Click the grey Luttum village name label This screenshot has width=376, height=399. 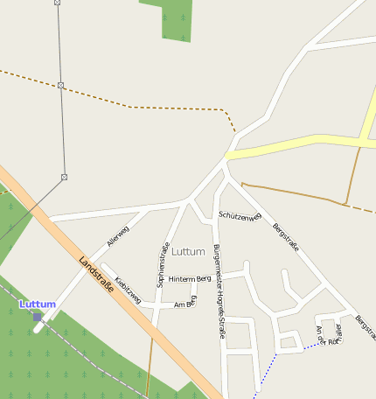click(188, 252)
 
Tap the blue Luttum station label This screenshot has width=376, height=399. click(38, 304)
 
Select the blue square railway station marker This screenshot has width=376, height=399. click(37, 317)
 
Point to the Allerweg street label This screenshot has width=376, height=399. click(117, 235)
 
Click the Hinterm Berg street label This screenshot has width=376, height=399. click(190, 278)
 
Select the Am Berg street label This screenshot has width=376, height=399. click(185, 304)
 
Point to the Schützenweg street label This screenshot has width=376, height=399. click(240, 215)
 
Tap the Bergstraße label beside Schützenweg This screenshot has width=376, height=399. click(286, 237)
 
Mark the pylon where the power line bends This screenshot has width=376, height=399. click(64, 177)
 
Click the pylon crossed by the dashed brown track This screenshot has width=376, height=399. click(60, 85)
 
